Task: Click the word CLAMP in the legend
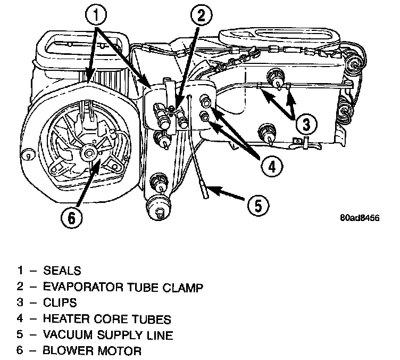(186, 287)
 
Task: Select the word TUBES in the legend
(151, 319)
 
